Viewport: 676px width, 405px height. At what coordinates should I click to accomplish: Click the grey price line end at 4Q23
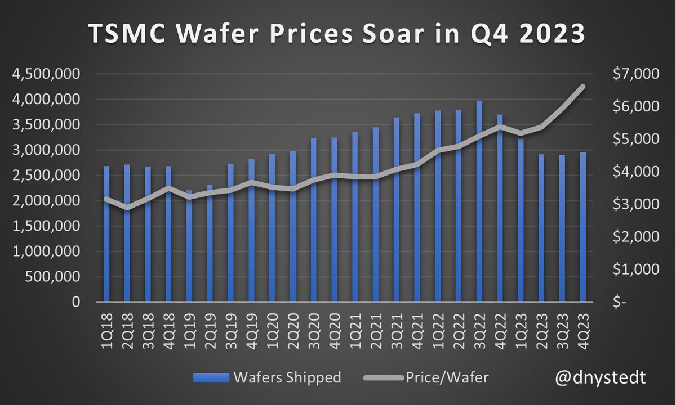coord(583,86)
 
